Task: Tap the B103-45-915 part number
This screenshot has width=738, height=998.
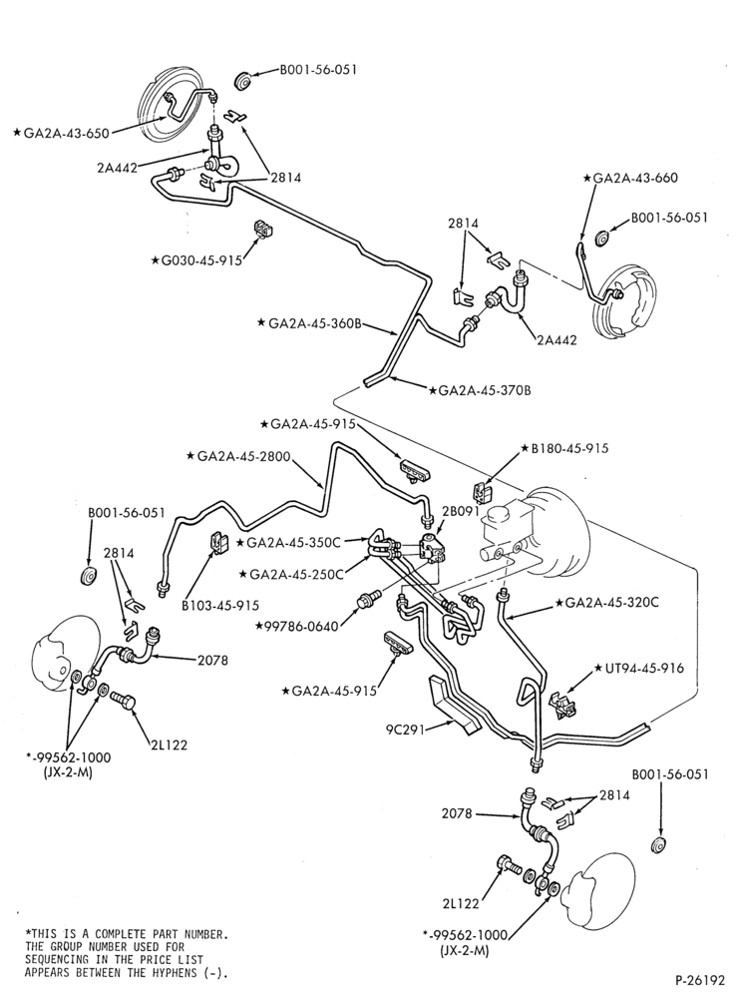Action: pos(220,606)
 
